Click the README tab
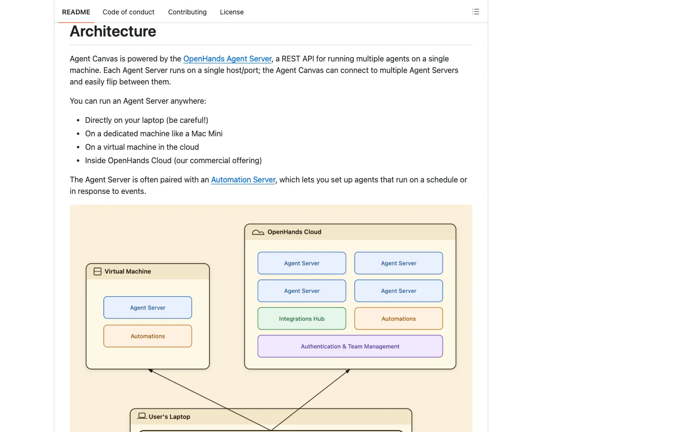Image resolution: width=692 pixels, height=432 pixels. pos(76,12)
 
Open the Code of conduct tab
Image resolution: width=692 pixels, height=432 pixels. pos(128,12)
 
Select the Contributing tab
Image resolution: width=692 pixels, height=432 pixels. pos(187,12)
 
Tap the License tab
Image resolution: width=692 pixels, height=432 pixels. pos(232,12)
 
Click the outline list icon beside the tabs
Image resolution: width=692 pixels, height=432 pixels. pos(476,12)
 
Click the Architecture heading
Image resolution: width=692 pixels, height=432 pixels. pos(113,31)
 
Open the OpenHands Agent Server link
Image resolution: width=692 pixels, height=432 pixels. pos(227,59)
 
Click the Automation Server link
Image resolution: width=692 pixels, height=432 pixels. pos(243,180)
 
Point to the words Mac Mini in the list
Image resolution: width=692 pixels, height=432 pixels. pos(207,133)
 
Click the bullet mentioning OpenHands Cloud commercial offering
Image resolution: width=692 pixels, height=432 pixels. pos(173,160)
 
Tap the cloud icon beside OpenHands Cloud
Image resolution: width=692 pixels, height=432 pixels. pos(258,232)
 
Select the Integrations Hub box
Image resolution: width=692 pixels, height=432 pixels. pos(302,318)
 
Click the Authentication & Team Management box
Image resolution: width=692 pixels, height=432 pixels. pos(350,346)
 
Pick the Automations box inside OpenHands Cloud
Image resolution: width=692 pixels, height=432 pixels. pos(398,318)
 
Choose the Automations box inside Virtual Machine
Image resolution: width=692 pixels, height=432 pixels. pos(148,336)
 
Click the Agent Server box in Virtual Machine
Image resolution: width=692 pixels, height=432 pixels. pos(148,307)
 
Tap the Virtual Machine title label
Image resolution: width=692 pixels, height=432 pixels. pos(128,272)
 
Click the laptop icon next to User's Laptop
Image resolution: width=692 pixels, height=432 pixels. pos(142,416)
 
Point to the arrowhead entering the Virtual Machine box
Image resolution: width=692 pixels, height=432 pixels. pos(150,370)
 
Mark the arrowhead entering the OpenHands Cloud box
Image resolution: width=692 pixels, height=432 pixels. pos(348,371)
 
